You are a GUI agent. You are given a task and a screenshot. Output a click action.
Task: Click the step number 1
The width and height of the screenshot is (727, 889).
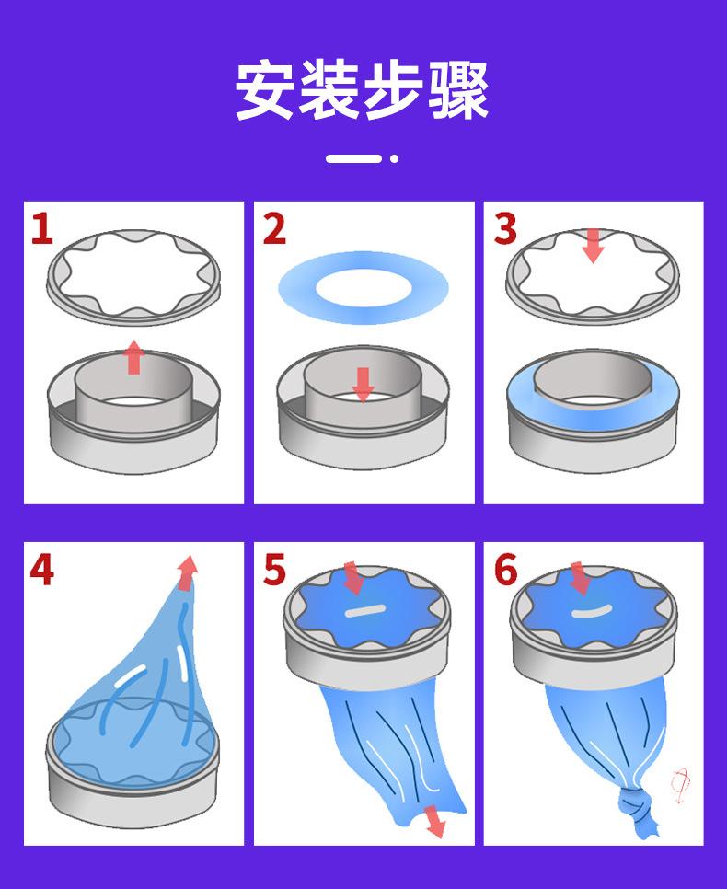tap(42, 228)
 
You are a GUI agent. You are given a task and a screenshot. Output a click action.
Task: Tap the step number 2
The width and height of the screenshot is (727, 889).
tap(274, 229)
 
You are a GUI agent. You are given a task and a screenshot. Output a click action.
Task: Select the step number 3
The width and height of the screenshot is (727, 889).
tap(505, 229)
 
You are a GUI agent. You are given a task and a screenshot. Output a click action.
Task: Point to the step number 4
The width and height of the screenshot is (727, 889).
tap(42, 570)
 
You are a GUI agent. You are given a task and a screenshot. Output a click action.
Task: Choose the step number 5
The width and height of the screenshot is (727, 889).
tap(275, 570)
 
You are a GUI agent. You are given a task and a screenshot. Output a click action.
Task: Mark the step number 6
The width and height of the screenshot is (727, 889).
tap(506, 570)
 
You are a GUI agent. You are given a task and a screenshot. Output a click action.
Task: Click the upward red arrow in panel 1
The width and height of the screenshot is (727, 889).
tap(133, 357)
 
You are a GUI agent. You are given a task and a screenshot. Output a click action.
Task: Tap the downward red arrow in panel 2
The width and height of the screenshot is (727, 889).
tap(363, 385)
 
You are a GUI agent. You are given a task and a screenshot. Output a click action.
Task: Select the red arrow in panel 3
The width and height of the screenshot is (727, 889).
tap(594, 246)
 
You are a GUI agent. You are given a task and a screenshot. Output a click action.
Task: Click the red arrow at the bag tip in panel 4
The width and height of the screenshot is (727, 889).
tap(187, 573)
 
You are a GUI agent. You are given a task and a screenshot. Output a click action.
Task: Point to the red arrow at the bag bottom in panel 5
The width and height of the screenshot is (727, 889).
tap(435, 821)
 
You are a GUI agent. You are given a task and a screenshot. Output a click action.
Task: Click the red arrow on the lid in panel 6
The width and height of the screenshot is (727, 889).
tap(580, 578)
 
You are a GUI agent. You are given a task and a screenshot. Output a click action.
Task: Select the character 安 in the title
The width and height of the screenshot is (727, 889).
tap(265, 90)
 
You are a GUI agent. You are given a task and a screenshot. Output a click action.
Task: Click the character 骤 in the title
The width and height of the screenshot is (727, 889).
tap(458, 90)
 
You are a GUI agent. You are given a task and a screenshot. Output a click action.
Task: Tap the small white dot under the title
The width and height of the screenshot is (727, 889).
tap(394, 158)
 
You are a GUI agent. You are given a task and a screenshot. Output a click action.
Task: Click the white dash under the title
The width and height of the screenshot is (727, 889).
tap(353, 158)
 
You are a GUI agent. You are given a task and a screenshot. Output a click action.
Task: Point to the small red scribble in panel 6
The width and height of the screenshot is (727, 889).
tap(680, 785)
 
